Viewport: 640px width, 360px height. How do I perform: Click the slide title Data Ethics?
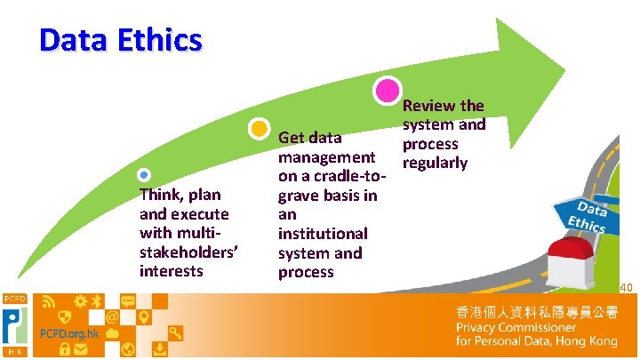pyautogui.click(x=121, y=40)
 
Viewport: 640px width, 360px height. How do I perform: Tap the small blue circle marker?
pyautogui.click(x=145, y=175)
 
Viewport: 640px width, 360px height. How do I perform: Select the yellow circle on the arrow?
pyautogui.click(x=258, y=129)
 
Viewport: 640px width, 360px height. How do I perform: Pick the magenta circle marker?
pyautogui.click(x=388, y=91)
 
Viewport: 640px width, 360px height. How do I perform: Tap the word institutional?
pyautogui.click(x=323, y=234)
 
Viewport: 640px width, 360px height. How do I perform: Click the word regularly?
pyautogui.click(x=435, y=163)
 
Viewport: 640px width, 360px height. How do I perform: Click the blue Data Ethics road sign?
pyautogui.click(x=581, y=215)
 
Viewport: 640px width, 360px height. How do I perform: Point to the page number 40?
pyautogui.click(x=626, y=287)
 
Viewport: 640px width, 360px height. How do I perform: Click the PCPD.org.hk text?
pyautogui.click(x=69, y=333)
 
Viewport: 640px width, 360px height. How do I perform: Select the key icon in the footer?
pyautogui.click(x=175, y=333)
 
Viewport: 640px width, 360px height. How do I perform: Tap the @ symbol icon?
pyautogui.click(x=112, y=316)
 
